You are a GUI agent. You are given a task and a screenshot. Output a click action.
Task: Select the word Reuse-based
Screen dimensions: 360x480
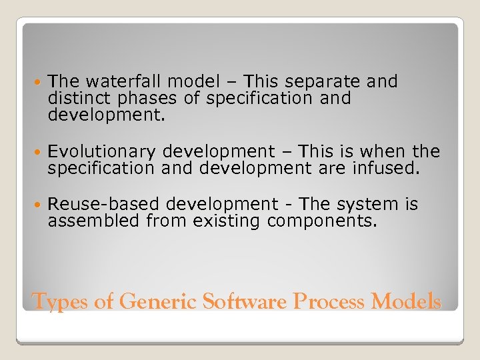[x=104, y=203]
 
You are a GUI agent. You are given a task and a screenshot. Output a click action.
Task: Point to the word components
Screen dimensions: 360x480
[x=322, y=221]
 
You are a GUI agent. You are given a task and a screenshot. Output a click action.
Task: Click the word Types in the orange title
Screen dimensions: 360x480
[x=60, y=302]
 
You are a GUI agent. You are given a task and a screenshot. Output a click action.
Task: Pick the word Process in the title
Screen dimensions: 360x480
[x=328, y=302]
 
